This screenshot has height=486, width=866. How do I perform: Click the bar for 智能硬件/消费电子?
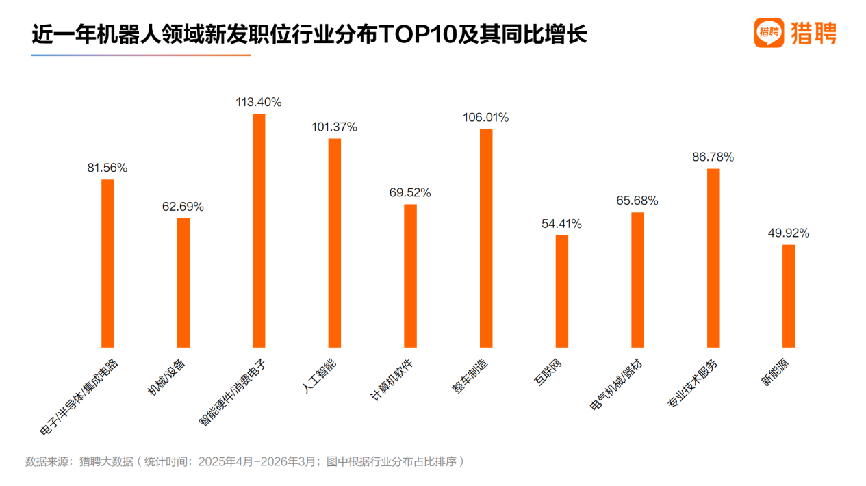259,231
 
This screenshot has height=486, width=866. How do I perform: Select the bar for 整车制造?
486,238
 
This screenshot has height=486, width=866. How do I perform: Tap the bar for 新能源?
789,296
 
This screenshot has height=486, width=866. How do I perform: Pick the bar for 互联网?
561,291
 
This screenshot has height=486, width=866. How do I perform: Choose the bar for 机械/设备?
183,283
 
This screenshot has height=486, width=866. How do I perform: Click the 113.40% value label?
259,102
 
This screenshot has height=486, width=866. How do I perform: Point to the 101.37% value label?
334,127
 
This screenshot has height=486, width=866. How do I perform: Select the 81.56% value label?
107,168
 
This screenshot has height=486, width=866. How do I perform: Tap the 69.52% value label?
410,192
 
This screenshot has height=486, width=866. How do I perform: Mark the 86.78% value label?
713,157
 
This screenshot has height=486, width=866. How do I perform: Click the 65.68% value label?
637,201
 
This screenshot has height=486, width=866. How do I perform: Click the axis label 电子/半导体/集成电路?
81,397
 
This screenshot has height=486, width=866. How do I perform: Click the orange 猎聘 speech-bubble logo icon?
769,32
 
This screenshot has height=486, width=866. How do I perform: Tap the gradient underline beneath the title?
141,55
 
